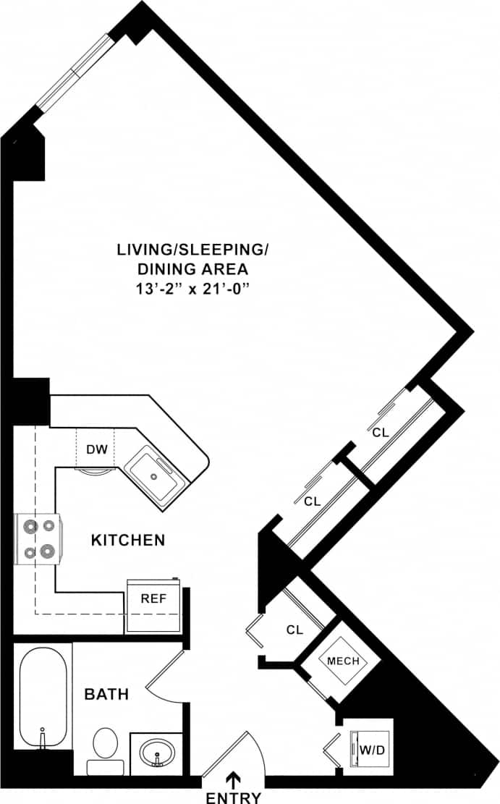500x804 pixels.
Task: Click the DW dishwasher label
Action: pyautogui.click(x=97, y=449)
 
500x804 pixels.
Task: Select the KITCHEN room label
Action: pyautogui.click(x=128, y=539)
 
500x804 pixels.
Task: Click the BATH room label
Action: pyautogui.click(x=106, y=695)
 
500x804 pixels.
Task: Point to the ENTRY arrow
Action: pyautogui.click(x=233, y=779)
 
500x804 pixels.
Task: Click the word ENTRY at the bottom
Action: pyautogui.click(x=233, y=797)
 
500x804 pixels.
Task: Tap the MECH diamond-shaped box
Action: pyautogui.click(x=343, y=661)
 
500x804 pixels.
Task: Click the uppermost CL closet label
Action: pyautogui.click(x=381, y=433)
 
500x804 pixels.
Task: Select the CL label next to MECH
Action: pyautogui.click(x=294, y=630)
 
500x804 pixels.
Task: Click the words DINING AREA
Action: pyautogui.click(x=192, y=269)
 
